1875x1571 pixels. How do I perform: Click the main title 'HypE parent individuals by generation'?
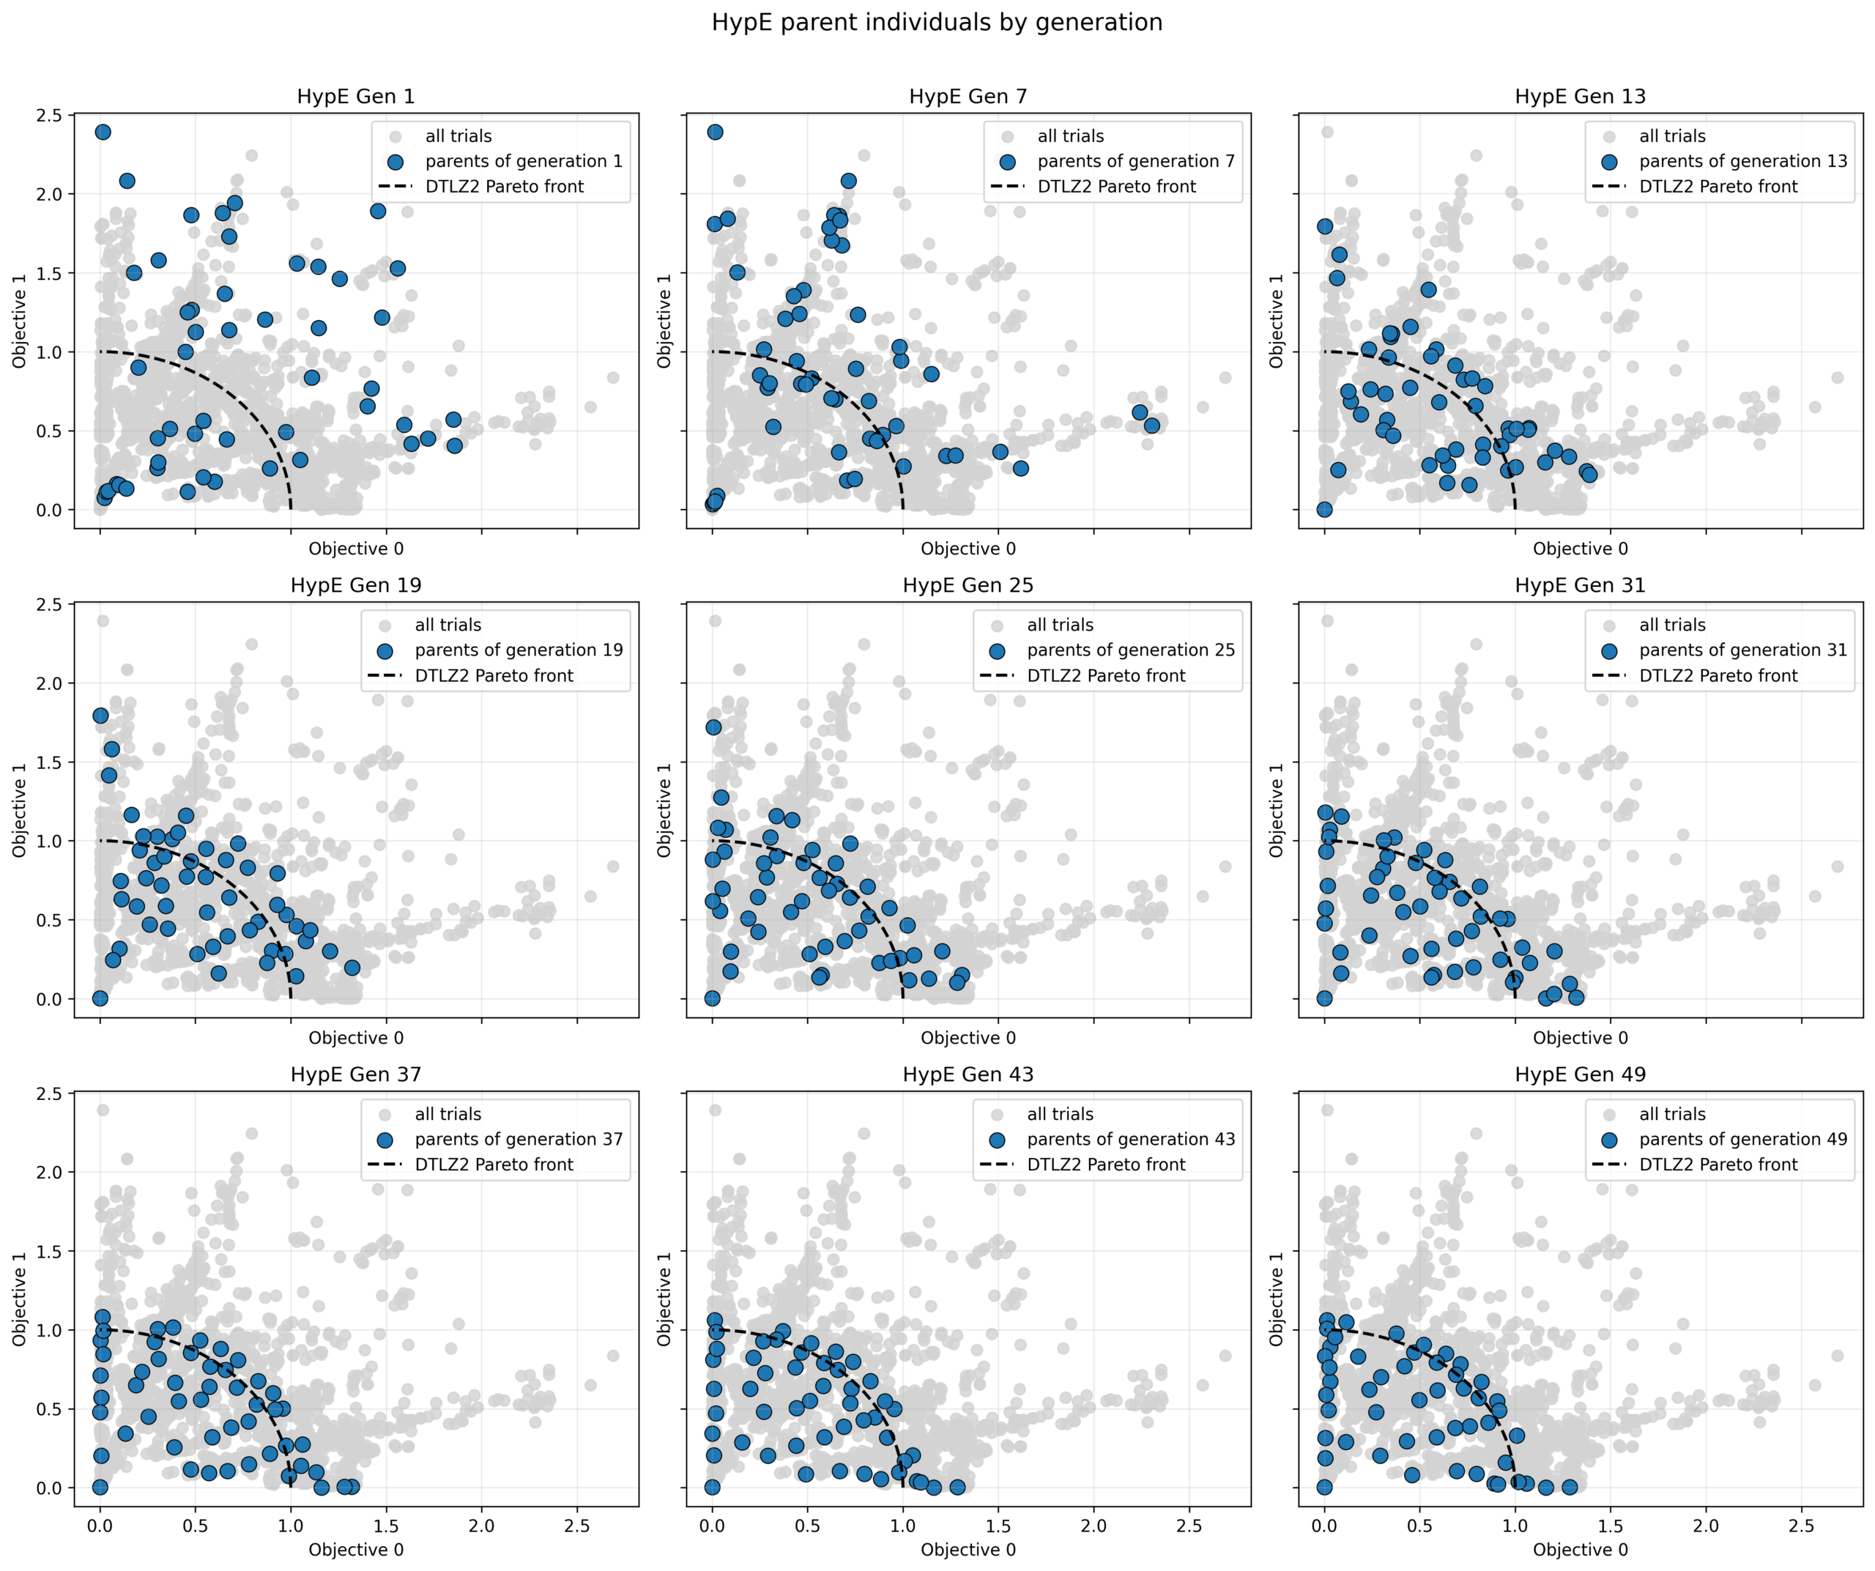[937, 22]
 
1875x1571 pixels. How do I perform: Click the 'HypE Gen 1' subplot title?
[355, 97]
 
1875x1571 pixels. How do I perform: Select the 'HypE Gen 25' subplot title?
[968, 586]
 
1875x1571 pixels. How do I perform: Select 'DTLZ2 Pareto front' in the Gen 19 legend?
[494, 676]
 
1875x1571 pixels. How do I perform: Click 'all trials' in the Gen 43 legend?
[1060, 1114]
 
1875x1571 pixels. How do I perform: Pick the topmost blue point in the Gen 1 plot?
[103, 132]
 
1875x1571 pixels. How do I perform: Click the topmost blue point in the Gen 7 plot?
[715, 132]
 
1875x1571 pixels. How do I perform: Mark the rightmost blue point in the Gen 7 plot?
[1152, 426]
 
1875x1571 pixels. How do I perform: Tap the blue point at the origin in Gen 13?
[1324, 510]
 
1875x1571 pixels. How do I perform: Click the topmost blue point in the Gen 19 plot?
[100, 716]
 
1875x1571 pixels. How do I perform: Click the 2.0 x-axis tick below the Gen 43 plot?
[1094, 1526]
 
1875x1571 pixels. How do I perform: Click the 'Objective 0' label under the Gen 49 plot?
[1581, 1550]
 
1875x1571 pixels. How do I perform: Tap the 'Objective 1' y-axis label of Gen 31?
[1276, 809]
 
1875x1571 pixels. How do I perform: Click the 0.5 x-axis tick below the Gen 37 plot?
[196, 1526]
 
